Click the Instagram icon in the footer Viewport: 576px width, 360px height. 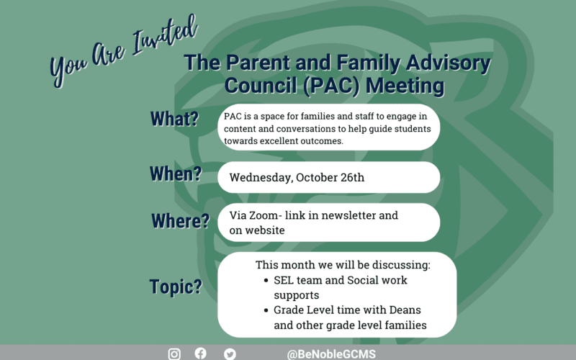(174, 354)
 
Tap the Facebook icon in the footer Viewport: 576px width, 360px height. (201, 354)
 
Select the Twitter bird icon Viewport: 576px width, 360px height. (230, 354)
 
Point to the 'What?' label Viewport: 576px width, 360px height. (174, 119)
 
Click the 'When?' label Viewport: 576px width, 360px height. (175, 174)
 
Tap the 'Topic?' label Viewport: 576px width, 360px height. (176, 286)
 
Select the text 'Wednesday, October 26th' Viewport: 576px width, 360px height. (297, 177)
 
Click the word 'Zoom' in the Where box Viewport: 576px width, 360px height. (266, 216)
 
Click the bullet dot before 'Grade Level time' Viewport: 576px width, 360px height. (266, 311)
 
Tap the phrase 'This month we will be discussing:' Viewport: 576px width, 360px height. (343, 265)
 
